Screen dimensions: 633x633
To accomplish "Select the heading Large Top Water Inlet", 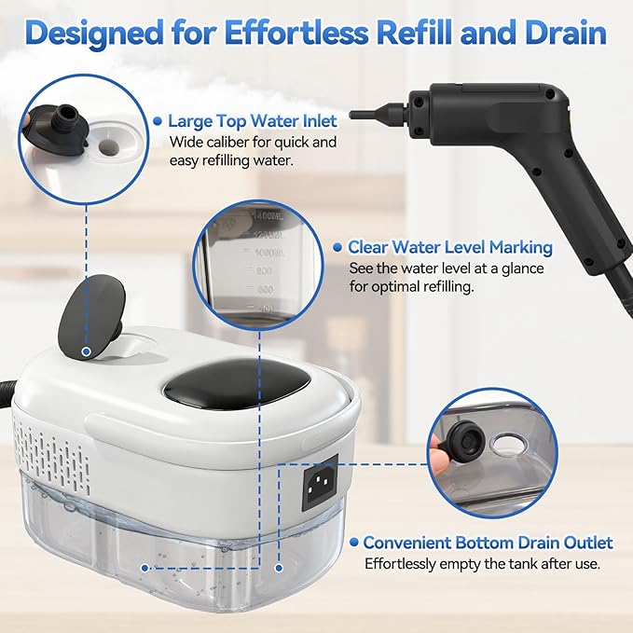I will coord(252,120).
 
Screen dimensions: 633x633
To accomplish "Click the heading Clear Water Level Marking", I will coord(449,248).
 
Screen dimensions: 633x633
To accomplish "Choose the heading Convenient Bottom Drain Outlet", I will coord(488,543).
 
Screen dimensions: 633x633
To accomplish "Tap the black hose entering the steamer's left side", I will coord(7,382).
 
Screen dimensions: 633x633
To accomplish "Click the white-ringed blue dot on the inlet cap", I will coord(86,351).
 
